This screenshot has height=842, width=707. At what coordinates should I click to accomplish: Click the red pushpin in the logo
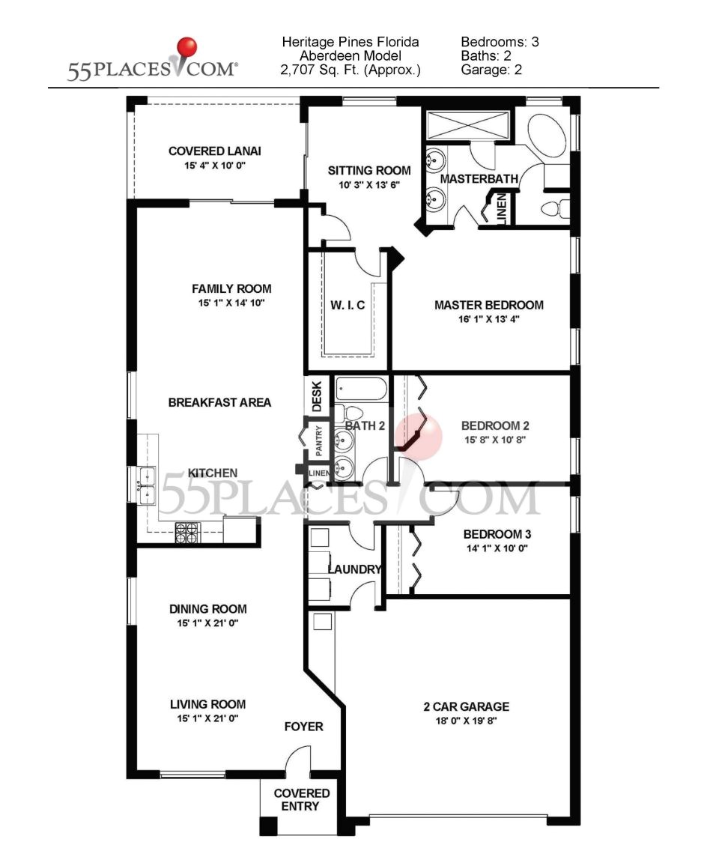pos(186,48)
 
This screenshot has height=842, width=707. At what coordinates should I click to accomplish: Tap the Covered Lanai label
pos(214,151)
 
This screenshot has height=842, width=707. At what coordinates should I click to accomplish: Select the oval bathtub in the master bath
pos(548,135)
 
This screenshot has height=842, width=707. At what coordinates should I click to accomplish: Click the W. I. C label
pos(348,305)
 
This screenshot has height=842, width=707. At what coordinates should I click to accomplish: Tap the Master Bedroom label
pos(488,305)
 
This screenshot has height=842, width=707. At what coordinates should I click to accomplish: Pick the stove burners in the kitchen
pos(187,532)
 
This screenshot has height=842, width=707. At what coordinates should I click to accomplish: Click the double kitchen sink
pos(145,485)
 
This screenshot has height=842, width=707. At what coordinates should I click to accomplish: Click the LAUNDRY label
pos(354,569)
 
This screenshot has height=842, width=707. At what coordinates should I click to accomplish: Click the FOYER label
pos(303,727)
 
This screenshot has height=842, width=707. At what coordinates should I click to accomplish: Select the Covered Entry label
pos(301,799)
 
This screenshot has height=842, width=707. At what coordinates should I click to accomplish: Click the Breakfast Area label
pos(219,402)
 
